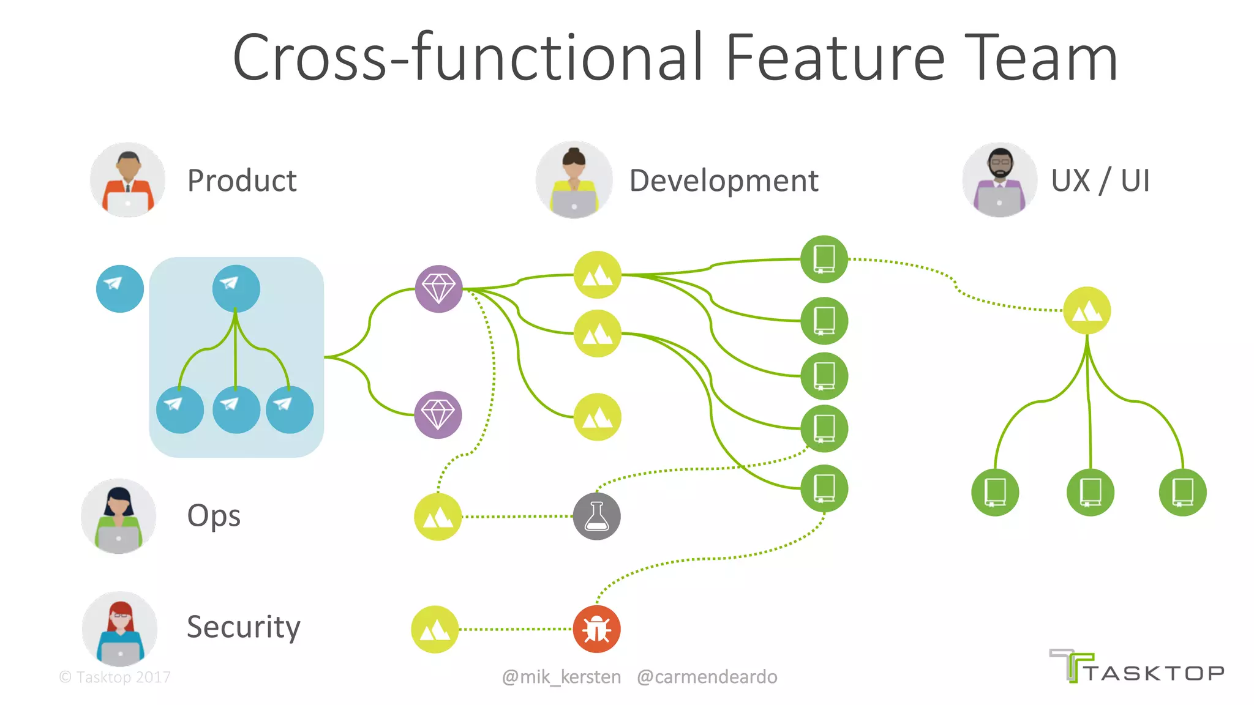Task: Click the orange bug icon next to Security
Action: pyautogui.click(x=596, y=629)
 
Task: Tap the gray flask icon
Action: pyautogui.click(x=596, y=517)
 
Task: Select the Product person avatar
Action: pyautogui.click(x=127, y=180)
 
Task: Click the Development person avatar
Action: pyautogui.click(x=574, y=180)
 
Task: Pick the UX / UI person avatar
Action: pyautogui.click(x=999, y=180)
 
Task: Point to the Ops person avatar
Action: pyautogui.click(x=119, y=516)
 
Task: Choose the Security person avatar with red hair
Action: pyautogui.click(x=120, y=629)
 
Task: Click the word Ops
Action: pyautogui.click(x=214, y=516)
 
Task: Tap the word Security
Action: pyautogui.click(x=243, y=627)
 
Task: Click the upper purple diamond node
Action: pyautogui.click(x=438, y=289)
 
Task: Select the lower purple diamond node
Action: pyautogui.click(x=438, y=415)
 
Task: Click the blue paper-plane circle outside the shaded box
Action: pyautogui.click(x=120, y=289)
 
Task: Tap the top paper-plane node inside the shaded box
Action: pyautogui.click(x=236, y=288)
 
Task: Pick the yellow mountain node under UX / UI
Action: pyautogui.click(x=1087, y=311)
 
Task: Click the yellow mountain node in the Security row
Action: pyautogui.click(x=435, y=629)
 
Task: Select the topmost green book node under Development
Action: pyautogui.click(x=824, y=259)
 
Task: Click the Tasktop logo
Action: pyautogui.click(x=1136, y=667)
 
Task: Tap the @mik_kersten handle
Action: pyautogui.click(x=561, y=677)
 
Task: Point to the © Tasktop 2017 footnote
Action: pyautogui.click(x=115, y=677)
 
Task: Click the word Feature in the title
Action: pyautogui.click(x=835, y=58)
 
